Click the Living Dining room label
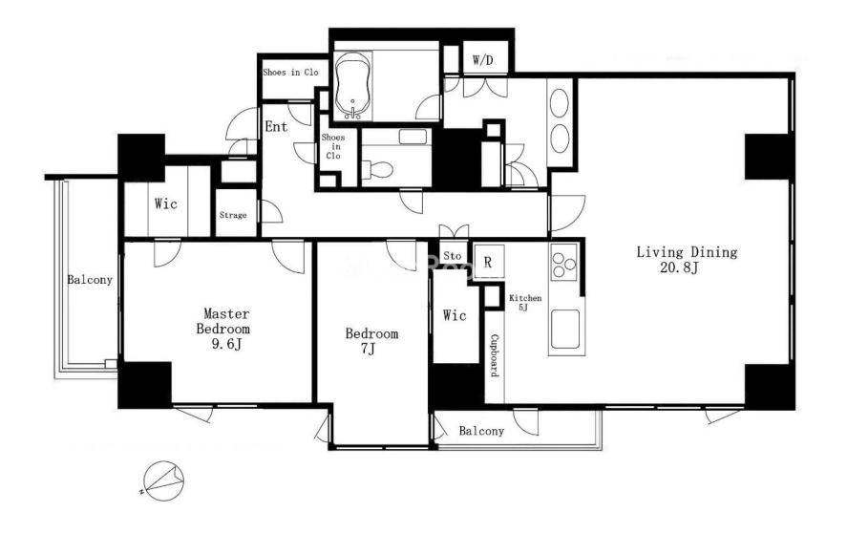[x=686, y=260]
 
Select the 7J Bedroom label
[x=371, y=341]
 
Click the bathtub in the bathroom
[x=353, y=87]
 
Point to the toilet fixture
[x=377, y=169]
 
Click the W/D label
[x=483, y=60]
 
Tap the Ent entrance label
[x=276, y=127]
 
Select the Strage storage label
[x=233, y=215]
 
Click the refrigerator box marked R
[x=489, y=262]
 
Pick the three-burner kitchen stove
[x=564, y=262]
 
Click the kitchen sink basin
[x=565, y=330]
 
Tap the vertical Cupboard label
[x=495, y=356]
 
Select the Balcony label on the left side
[x=90, y=280]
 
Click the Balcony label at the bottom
[x=481, y=431]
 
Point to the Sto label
[x=452, y=256]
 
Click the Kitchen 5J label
[x=525, y=303]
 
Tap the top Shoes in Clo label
[x=290, y=73]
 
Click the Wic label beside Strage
[x=166, y=203]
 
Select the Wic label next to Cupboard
[x=455, y=315]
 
